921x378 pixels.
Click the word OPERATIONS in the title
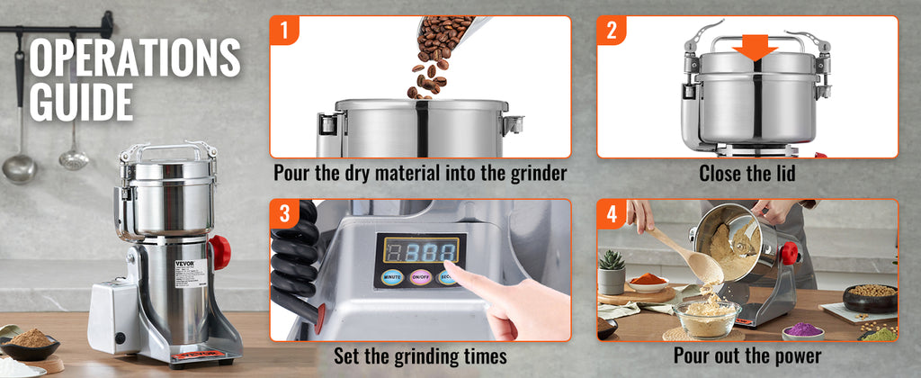pos(135,58)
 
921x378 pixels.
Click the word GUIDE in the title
pos(82,102)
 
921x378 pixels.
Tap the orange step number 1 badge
pos(284,31)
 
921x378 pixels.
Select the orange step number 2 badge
pos(612,31)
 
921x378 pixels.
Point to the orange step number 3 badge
pos(284,214)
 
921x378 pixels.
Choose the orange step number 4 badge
pos(612,214)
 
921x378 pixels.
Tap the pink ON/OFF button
pos(420,277)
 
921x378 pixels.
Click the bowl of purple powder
pos(803,330)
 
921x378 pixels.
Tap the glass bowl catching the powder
pos(707,318)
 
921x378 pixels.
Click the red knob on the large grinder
pos(219,252)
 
